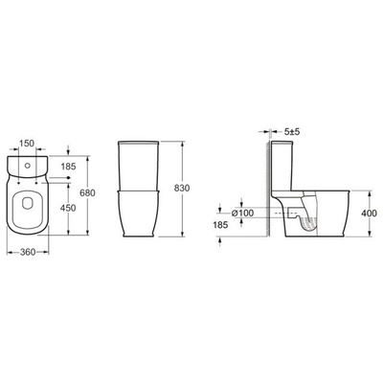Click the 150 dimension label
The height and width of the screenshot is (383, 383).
26,144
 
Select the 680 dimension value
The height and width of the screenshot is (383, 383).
87,192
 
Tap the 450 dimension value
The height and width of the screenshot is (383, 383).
68,208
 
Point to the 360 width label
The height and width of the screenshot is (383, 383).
28,252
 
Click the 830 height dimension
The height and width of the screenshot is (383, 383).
182,188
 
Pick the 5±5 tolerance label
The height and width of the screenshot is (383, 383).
292,131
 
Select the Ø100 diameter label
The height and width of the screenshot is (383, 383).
243,213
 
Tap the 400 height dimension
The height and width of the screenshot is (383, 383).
369,213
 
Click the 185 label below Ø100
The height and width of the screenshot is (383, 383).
220,225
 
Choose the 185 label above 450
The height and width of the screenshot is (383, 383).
68,167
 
